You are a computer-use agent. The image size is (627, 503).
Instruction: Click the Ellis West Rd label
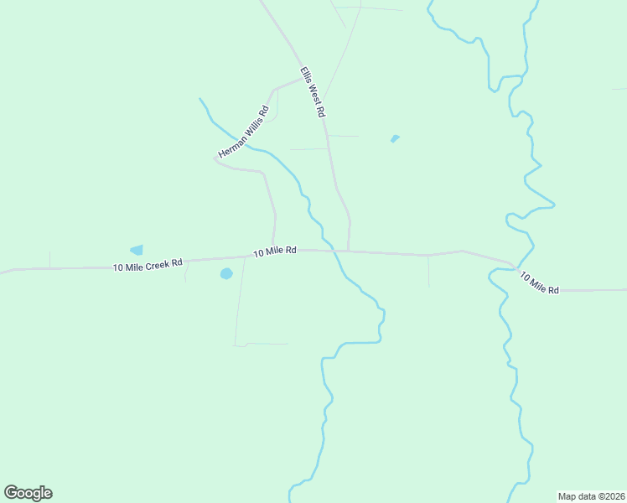[312, 91]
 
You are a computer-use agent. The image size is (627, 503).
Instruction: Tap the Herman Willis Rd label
[243, 132]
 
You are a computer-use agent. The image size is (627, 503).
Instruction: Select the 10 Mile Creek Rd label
[148, 265]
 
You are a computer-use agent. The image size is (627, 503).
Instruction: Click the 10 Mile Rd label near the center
[275, 251]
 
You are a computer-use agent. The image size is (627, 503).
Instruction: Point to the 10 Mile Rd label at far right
[539, 283]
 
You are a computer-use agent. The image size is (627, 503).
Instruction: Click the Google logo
[28, 493]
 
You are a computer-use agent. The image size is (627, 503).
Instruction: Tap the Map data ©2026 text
[591, 495]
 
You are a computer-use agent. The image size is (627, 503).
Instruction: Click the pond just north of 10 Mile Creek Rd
[137, 250]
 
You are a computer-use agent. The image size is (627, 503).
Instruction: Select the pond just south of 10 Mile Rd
[225, 273]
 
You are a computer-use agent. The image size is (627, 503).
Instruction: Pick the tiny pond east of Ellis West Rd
[395, 138]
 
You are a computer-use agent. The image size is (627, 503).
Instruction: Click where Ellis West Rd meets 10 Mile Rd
[348, 251]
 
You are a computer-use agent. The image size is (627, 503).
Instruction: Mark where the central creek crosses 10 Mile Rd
[334, 250]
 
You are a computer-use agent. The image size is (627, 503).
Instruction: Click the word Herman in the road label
[231, 146]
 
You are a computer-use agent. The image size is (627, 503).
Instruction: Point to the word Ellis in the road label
[304, 75]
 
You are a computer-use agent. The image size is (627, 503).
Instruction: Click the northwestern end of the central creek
[199, 99]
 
